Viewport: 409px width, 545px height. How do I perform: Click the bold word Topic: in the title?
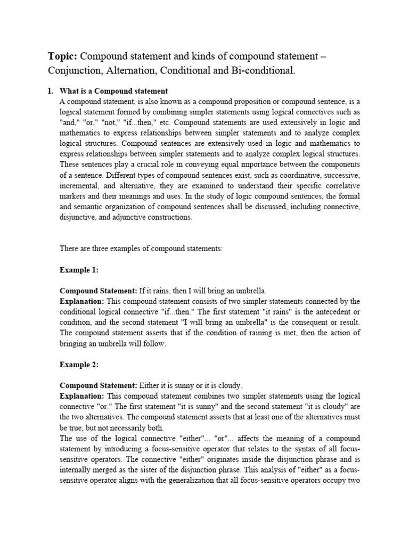point(63,56)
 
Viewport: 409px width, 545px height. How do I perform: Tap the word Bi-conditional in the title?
point(264,71)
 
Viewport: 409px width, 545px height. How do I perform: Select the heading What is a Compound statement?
point(113,92)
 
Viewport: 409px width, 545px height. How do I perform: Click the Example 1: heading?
point(79,270)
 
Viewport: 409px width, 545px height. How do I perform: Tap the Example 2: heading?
point(79,365)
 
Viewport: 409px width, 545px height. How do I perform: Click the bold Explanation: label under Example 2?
point(81,396)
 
